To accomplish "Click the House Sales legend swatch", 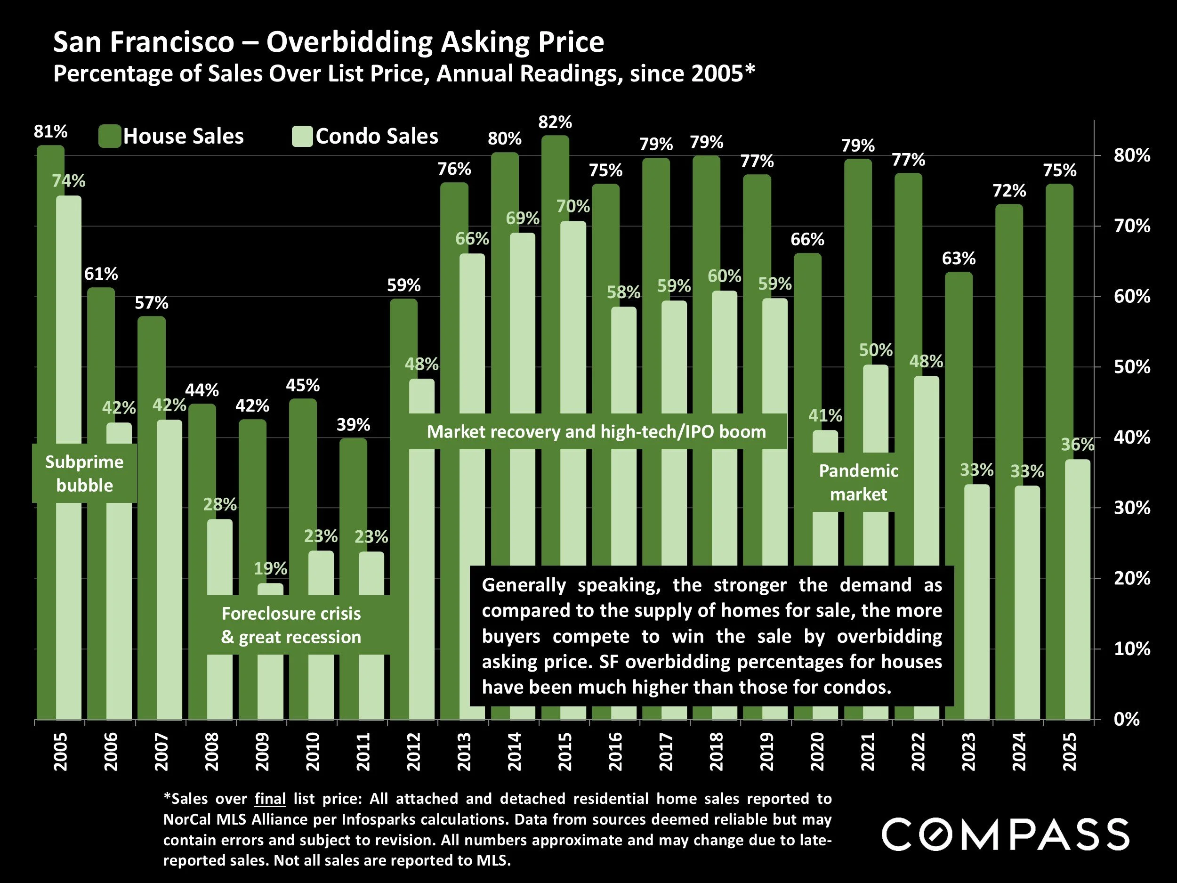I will [110, 136].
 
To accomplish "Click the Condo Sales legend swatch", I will [302, 136].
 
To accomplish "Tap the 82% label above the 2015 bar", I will [555, 122].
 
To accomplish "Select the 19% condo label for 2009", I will [270, 568].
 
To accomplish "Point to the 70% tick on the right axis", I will [1132, 226].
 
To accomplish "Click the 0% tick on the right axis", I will [1127, 719].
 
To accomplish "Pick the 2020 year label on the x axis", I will [817, 752].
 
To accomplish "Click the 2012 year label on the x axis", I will [413, 752].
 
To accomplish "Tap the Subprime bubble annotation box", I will [84, 473].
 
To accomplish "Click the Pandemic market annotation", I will [858, 482].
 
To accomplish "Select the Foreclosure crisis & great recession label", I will [291, 625].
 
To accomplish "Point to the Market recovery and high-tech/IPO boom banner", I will [596, 432].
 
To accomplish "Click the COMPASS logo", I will [1005, 834].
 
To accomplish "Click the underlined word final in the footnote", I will [270, 798].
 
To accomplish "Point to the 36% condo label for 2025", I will [1077, 445].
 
